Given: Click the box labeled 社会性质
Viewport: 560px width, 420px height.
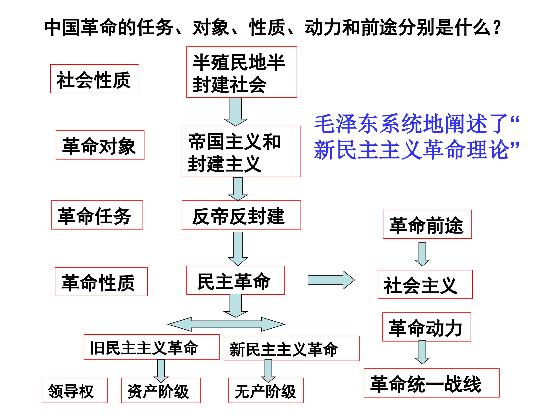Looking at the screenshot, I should (x=95, y=79).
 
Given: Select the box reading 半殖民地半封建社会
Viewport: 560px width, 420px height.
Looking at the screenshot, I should (x=241, y=72).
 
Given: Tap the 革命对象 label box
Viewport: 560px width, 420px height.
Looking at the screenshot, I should (x=100, y=145).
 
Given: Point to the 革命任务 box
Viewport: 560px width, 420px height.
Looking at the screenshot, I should (x=97, y=215).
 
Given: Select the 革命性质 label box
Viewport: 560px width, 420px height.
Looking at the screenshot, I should (x=101, y=282).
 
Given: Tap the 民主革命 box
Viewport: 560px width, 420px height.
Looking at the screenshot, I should (x=235, y=280).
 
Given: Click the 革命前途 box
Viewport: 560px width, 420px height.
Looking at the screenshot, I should (x=427, y=224).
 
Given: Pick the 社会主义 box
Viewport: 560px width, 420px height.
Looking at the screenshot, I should (x=425, y=284).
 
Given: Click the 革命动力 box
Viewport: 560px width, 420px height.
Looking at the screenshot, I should (x=426, y=327).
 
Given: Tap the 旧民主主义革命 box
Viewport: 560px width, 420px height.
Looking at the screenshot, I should (x=151, y=347).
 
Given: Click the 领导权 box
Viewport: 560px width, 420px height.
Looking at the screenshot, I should (x=74, y=390).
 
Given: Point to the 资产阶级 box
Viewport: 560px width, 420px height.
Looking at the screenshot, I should (x=161, y=390).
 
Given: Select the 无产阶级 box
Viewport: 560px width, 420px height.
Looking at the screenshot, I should (x=266, y=390).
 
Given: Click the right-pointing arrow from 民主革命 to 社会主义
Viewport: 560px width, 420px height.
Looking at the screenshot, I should (x=331, y=280).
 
